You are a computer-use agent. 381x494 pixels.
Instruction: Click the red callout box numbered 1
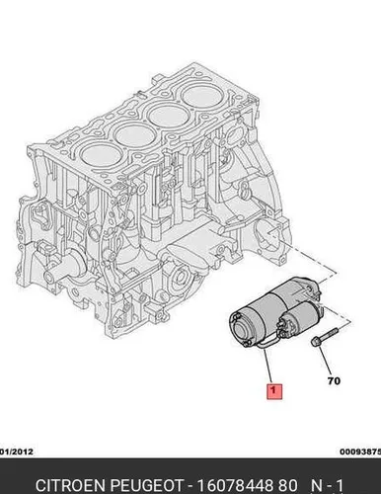click(274, 391)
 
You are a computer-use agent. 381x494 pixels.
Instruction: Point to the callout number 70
click(334, 381)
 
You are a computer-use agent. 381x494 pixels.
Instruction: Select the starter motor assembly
click(274, 311)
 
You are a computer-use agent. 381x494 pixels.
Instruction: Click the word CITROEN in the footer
click(71, 485)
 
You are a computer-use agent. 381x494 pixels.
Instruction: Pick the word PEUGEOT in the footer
click(146, 485)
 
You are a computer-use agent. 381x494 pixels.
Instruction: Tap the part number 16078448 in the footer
click(236, 485)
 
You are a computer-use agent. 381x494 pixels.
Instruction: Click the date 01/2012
click(17, 452)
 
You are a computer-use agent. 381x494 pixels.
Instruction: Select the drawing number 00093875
click(360, 452)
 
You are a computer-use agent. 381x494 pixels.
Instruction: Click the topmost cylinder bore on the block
click(200, 93)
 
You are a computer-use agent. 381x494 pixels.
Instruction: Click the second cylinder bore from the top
click(168, 115)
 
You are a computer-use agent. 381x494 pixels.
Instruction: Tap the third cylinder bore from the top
click(134, 136)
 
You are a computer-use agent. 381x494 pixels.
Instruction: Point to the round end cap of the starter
click(244, 328)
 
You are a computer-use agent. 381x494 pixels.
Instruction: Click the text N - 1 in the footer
click(328, 485)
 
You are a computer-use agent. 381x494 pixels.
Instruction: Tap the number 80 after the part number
click(287, 485)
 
